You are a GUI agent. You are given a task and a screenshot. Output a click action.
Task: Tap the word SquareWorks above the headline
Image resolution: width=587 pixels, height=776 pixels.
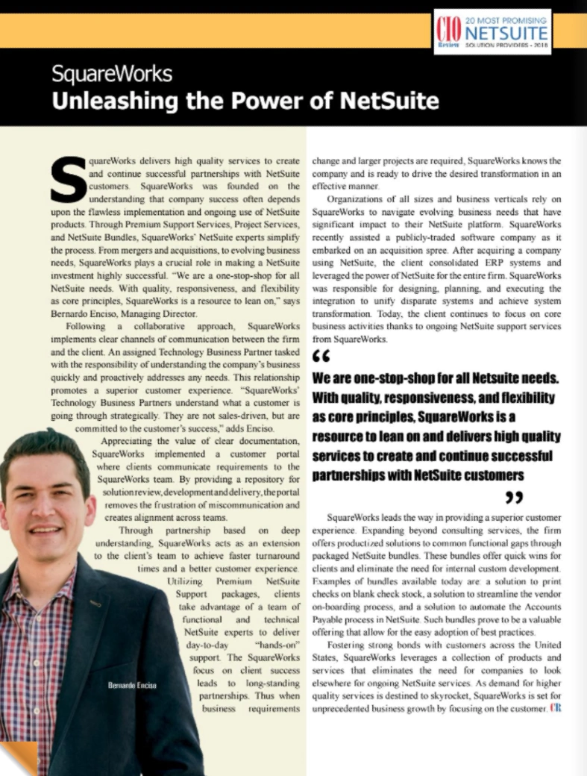tap(112, 75)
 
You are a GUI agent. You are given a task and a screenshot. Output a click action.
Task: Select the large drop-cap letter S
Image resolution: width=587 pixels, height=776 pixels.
tap(69, 180)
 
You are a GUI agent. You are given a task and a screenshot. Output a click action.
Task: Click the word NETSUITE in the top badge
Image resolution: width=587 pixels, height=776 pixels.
tap(506, 34)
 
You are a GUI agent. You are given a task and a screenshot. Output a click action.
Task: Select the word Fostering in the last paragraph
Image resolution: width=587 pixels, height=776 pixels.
tap(349, 644)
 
